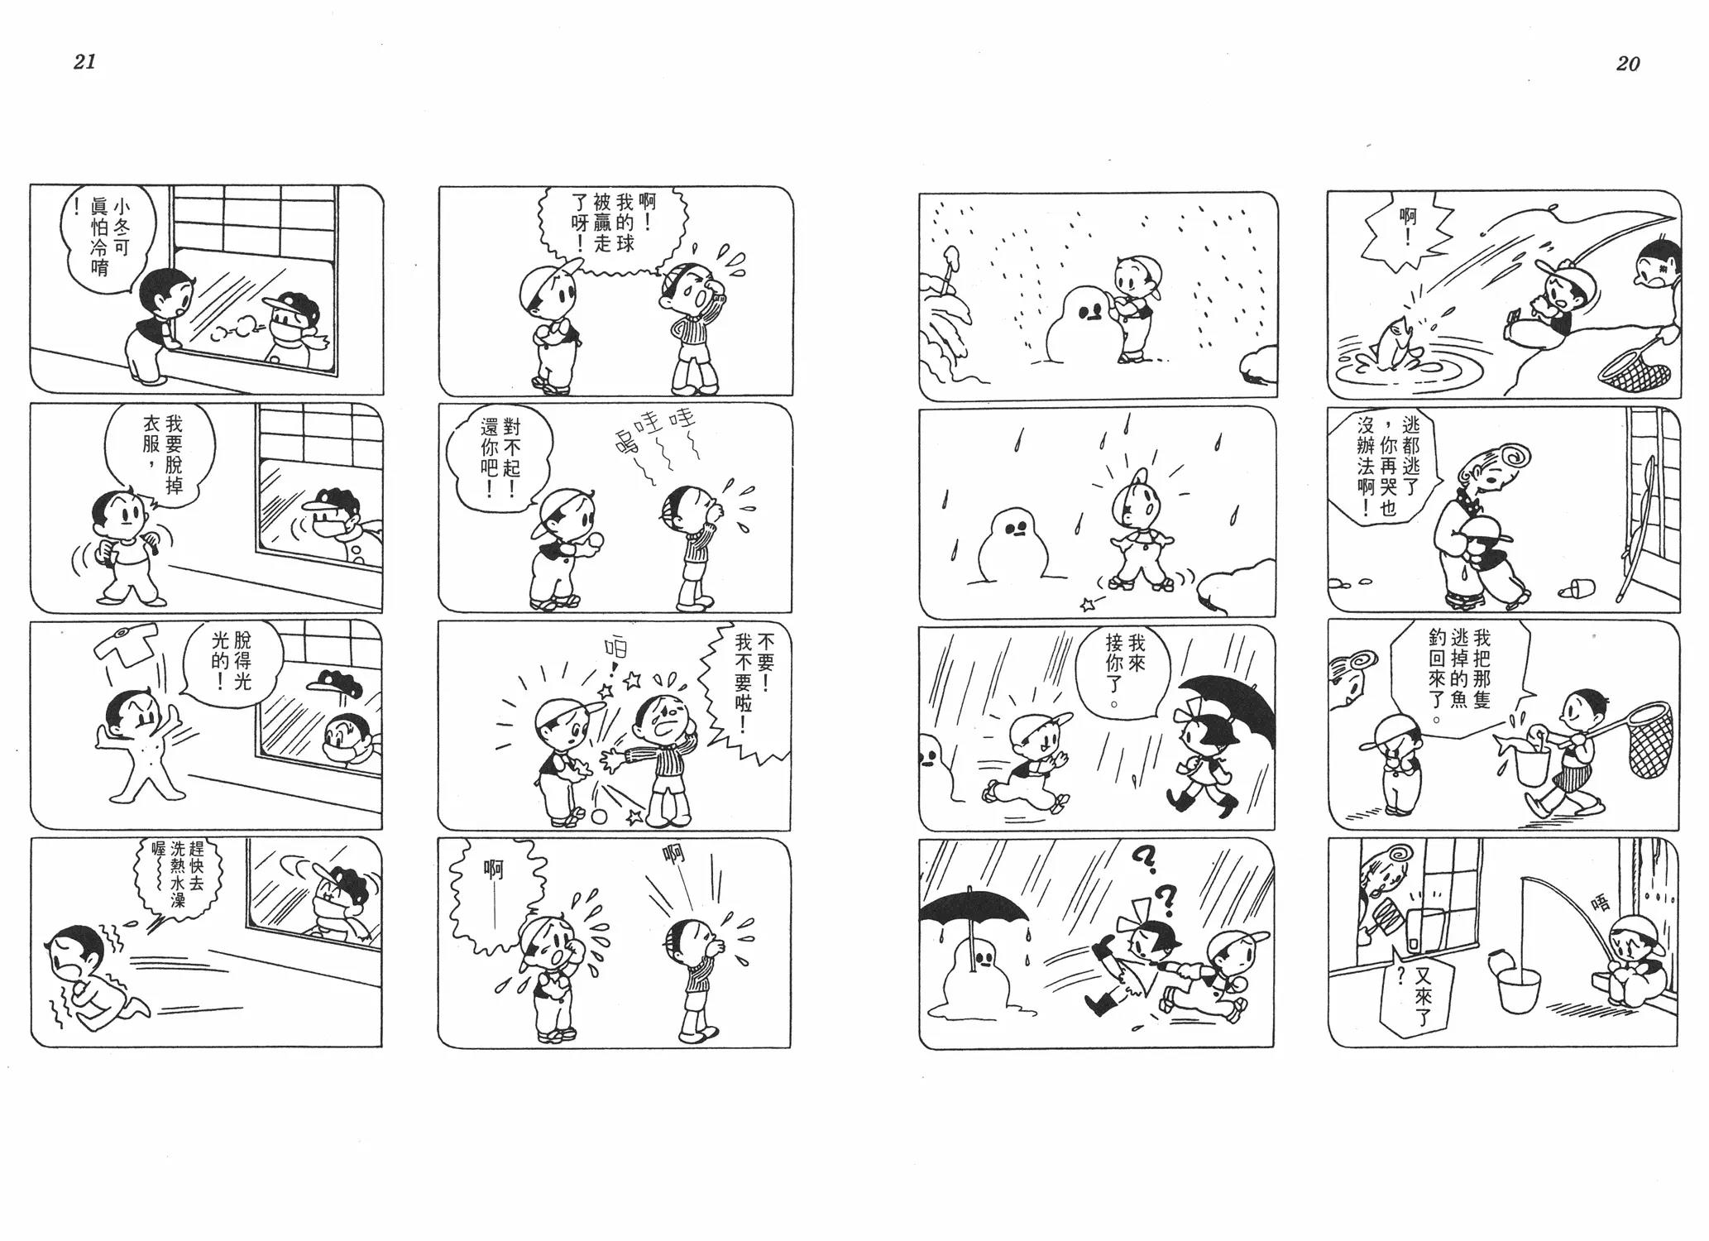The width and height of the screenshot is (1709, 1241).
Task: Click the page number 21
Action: [x=85, y=62]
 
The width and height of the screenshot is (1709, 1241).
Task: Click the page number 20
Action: [x=1627, y=64]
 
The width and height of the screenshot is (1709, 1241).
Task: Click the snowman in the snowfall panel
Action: [x=1080, y=323]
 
